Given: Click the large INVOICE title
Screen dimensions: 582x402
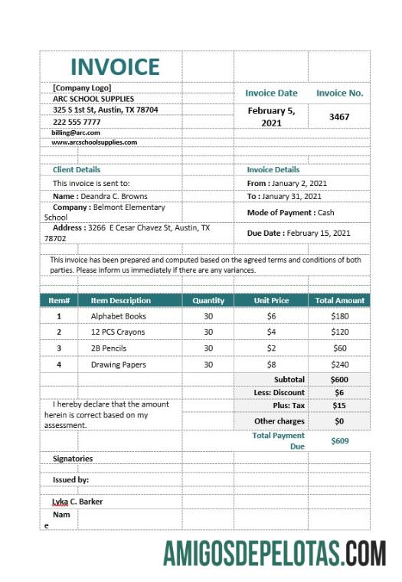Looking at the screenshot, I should coord(115,67).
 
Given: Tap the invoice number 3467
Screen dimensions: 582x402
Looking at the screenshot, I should coord(339,117).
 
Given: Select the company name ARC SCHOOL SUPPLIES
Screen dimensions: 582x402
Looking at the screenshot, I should coord(93,99).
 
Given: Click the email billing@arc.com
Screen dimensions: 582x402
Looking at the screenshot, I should coord(76,132).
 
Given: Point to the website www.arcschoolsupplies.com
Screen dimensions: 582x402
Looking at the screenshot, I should coord(94,142).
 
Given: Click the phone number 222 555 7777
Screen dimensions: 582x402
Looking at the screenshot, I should coord(77,122).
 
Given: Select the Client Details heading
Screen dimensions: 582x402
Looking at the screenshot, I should coord(77,170).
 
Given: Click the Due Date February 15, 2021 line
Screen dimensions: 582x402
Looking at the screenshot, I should coord(299,233).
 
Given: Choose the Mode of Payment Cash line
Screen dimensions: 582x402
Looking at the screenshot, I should coord(290,213).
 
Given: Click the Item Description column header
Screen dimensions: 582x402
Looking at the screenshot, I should coord(121,301).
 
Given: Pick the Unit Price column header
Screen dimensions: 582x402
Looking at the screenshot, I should coord(271,301).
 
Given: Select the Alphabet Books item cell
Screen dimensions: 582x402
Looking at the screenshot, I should coord(119,316).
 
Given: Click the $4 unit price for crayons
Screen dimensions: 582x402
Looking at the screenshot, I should coord(271,332).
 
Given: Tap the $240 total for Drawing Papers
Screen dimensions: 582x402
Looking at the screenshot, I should coord(339,365).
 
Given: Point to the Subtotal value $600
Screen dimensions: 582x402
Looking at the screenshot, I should coord(339,380).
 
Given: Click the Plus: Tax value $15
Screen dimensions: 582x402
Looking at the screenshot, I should coord(339,406).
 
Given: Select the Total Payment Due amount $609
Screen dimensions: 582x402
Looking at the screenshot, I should coord(340,441).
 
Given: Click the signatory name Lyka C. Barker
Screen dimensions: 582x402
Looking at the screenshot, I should coord(77,502).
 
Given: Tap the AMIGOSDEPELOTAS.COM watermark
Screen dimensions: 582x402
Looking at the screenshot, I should coord(274,553).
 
